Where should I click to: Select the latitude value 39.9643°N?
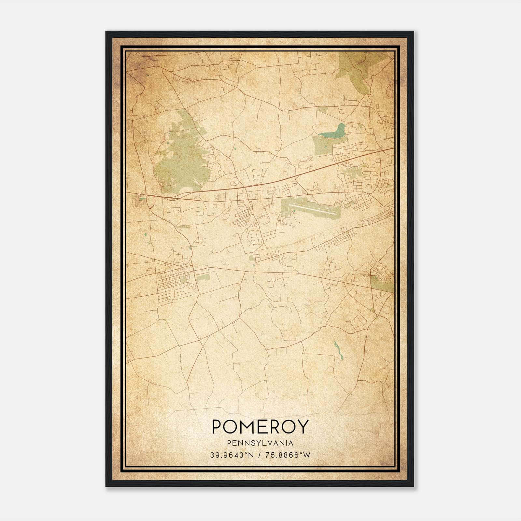point(232,455)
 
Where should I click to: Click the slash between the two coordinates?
point(259,455)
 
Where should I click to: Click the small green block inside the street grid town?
point(184,279)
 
